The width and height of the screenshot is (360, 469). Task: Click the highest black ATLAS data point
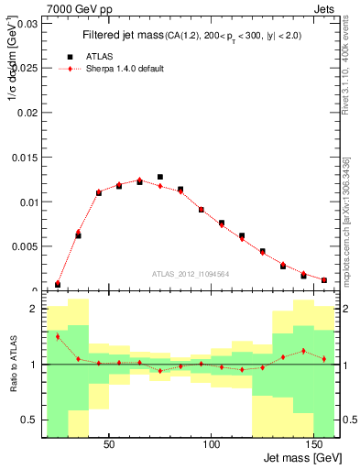160,177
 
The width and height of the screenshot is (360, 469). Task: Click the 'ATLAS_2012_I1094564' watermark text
191,273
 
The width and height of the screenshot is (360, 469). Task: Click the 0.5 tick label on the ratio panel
29,420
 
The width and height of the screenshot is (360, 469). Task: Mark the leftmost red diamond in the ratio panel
58,336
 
